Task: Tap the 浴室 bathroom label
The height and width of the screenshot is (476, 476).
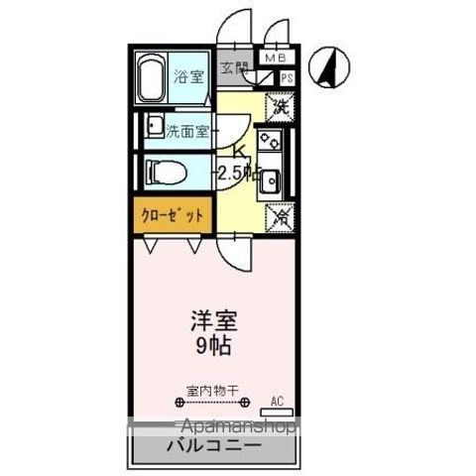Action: click(x=188, y=80)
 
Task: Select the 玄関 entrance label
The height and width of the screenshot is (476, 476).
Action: click(x=235, y=69)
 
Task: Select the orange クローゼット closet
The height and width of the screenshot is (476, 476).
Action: click(x=170, y=213)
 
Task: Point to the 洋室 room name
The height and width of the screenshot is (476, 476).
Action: click(x=213, y=321)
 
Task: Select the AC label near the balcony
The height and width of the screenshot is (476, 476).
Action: click(x=277, y=402)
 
